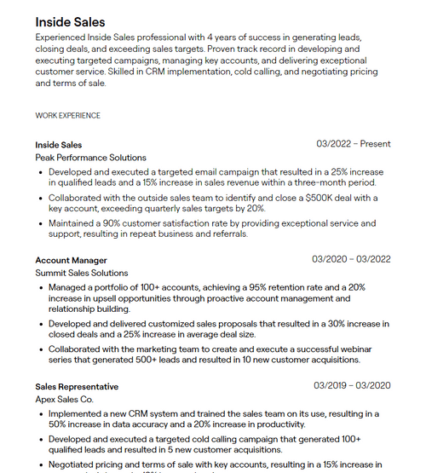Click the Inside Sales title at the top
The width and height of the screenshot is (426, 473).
(70, 21)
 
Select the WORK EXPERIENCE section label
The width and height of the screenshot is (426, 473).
(67, 115)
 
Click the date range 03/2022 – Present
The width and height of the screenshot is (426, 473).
(353, 144)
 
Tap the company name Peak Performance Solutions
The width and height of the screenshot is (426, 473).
(90, 158)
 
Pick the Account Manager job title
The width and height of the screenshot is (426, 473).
(71, 260)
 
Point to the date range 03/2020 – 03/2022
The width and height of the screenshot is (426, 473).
(351, 259)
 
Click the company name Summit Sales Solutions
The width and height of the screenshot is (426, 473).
(82, 273)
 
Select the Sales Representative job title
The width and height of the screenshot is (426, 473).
(77, 386)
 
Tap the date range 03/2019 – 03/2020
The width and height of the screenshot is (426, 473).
(352, 385)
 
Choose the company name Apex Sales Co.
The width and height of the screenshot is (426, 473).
(64, 399)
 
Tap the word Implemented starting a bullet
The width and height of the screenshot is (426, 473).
(79, 413)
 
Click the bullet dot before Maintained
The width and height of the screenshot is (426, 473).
(42, 223)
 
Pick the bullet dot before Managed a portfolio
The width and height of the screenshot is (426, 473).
(42, 287)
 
